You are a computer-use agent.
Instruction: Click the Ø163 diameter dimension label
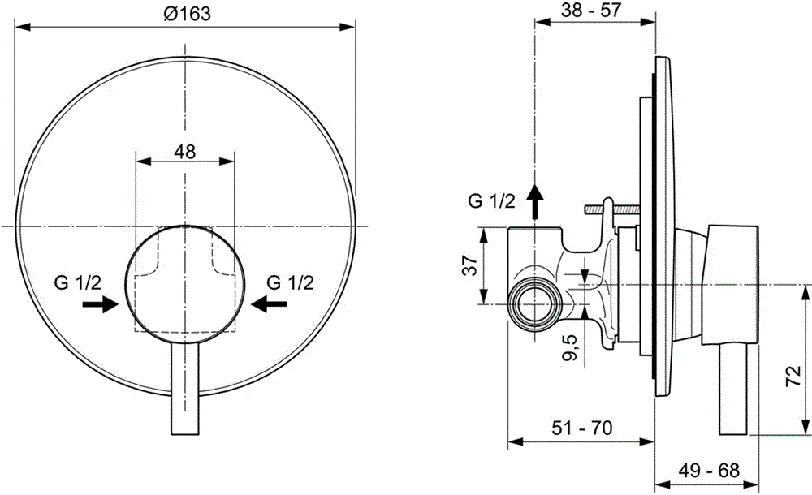point(187,13)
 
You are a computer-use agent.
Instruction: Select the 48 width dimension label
point(185,152)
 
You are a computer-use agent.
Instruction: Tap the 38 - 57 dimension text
point(591,10)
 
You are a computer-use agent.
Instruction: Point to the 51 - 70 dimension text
point(581,428)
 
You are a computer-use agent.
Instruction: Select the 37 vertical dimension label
point(469,265)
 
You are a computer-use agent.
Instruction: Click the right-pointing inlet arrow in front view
point(101,303)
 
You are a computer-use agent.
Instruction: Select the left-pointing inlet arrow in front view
point(270,303)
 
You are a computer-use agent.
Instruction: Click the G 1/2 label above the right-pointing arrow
point(78,282)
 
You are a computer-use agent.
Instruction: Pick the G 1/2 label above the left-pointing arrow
point(291,282)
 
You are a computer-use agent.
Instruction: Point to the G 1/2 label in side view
point(491,201)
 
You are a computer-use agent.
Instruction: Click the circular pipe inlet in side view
point(534,304)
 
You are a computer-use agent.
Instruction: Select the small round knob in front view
point(185,284)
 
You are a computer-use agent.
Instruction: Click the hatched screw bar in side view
point(612,209)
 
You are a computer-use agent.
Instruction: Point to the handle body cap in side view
point(731,284)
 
